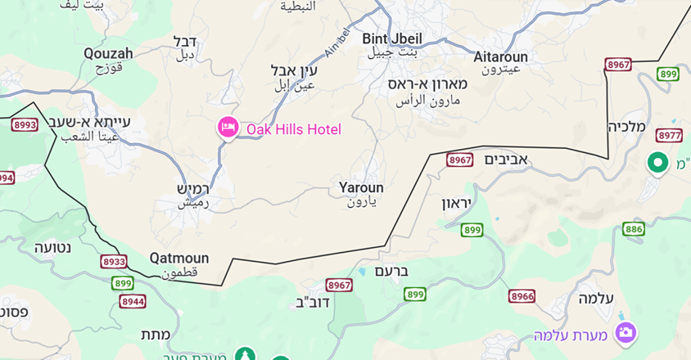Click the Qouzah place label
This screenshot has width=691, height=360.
[x=108, y=54]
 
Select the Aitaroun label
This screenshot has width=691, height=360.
[x=501, y=57]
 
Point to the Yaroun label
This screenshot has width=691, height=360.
[x=361, y=188]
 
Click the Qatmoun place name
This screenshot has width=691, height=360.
[x=178, y=259]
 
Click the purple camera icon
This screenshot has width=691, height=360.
[x=626, y=332]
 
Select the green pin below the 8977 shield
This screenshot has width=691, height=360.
[x=657, y=163]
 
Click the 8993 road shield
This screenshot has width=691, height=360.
[x=25, y=125]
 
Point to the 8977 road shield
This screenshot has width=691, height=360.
[x=669, y=136]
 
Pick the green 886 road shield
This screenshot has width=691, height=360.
[x=633, y=229]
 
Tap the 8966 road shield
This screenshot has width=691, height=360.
[x=522, y=295]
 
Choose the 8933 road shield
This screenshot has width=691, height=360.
[x=114, y=262]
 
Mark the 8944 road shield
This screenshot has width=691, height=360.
[x=133, y=301]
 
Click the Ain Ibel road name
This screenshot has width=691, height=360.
[x=336, y=43]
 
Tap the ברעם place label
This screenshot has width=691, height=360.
[x=391, y=271]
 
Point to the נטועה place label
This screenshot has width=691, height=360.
[x=54, y=246]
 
